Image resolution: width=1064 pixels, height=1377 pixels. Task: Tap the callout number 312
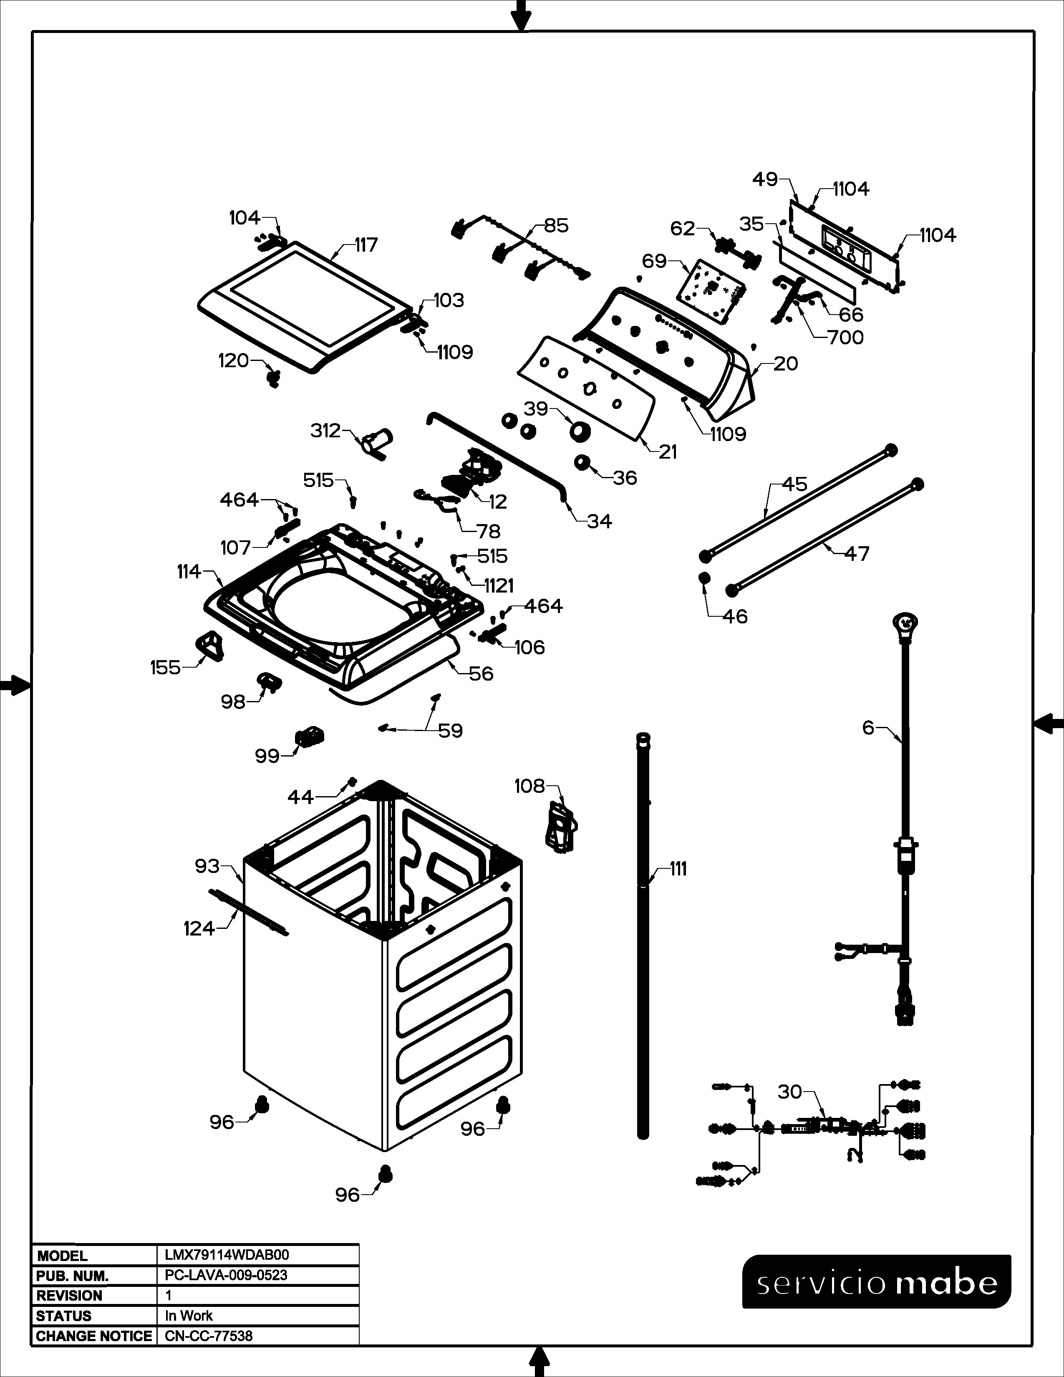[x=325, y=431]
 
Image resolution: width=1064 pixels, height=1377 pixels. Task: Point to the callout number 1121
[x=499, y=586]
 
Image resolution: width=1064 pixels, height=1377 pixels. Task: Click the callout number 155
[x=165, y=667]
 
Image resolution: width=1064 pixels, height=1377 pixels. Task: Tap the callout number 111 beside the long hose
[x=678, y=869]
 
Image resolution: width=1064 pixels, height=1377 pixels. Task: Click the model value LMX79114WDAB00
[x=227, y=1255]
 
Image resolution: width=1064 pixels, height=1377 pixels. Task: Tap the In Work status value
[x=189, y=1315]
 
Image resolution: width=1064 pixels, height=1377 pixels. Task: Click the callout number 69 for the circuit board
[x=654, y=260]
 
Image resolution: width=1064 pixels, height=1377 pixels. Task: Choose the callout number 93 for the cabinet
[x=207, y=866]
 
